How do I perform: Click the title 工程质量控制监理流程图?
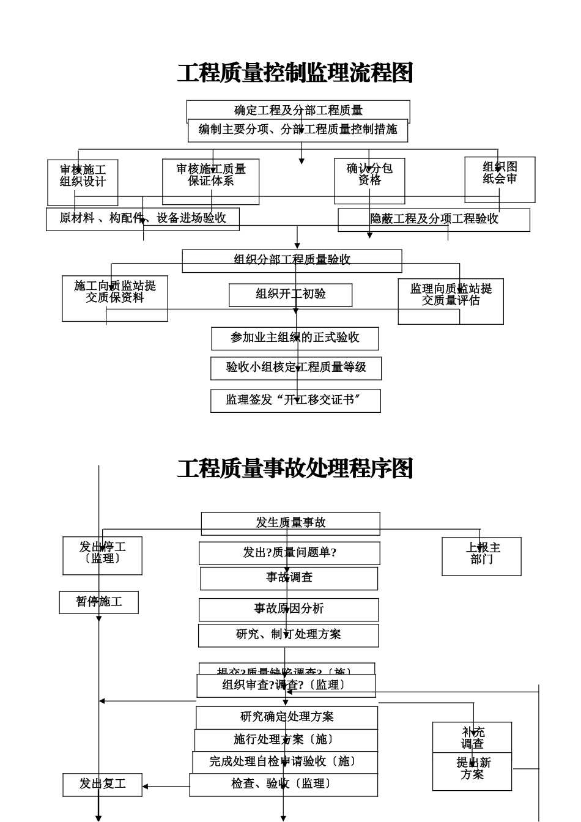point(295,73)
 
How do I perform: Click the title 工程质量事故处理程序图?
point(295,469)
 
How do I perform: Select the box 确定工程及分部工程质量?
point(298,110)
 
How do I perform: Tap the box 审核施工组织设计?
point(83,182)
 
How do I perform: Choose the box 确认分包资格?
point(369,181)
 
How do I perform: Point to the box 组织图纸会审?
point(500,179)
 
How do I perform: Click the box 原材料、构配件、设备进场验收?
point(142,219)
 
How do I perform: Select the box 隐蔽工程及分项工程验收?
point(434,220)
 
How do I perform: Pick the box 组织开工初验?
point(290,295)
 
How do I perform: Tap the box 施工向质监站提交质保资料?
point(115,298)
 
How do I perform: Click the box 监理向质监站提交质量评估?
point(451,301)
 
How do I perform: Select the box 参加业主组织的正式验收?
point(295,338)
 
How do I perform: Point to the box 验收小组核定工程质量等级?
point(296,368)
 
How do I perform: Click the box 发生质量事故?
point(290,523)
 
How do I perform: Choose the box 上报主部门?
point(481,556)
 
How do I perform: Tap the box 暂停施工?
point(98,602)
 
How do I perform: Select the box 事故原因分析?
point(289,609)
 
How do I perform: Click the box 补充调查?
point(472,738)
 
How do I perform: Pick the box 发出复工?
point(102,785)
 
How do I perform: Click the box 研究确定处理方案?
point(287,717)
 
